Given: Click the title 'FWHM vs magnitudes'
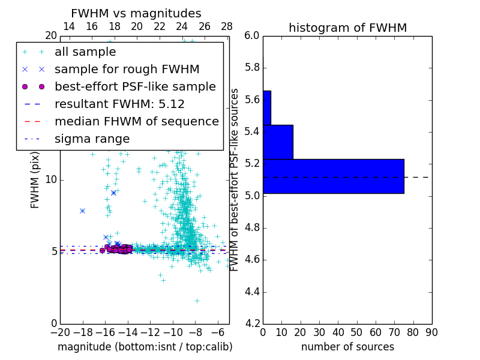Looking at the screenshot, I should coord(136,13).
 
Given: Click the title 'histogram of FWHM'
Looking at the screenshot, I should coord(347,28).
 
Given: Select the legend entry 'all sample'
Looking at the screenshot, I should coord(85,52).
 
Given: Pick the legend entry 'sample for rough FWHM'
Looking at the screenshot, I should coord(127,69).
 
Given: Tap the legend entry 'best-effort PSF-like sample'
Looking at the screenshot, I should coord(135,86).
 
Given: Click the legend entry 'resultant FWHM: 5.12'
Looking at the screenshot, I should coord(119,104).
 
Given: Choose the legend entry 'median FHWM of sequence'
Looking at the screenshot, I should coord(136,121).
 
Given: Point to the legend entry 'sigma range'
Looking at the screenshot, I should coord(92,139).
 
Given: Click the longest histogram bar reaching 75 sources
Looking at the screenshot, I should coord(333,176).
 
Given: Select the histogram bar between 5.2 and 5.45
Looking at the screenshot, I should coord(278,142).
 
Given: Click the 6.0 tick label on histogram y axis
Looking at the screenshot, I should coord(253,35).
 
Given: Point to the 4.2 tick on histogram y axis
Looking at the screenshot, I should coord(253,323).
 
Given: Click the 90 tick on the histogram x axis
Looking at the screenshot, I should coord(431,332).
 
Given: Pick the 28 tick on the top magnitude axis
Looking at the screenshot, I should coord(227,26).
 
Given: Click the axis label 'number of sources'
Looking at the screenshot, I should coord(347,347).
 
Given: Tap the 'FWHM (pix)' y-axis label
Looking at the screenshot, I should coord(35,179).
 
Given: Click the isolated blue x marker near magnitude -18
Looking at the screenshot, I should coord(82,211).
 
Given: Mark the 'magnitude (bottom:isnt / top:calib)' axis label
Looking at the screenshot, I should coord(145,347).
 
